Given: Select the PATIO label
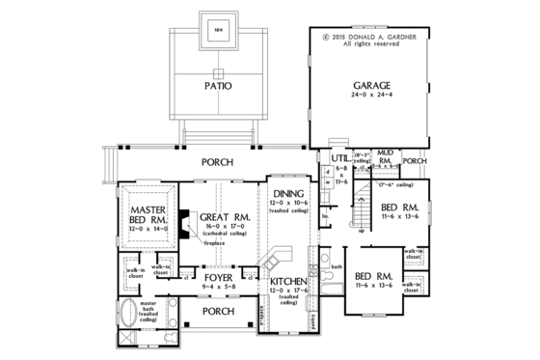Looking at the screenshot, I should coord(218,86).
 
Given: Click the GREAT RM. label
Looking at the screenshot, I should coord(226,218).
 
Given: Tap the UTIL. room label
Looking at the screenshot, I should coord(338,157).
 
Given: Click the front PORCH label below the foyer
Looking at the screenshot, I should coord(219,312).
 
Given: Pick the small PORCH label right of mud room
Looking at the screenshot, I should coord(415,160).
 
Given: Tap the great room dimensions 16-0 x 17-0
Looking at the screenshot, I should coord(226,230).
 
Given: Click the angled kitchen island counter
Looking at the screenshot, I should coord(275,259).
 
